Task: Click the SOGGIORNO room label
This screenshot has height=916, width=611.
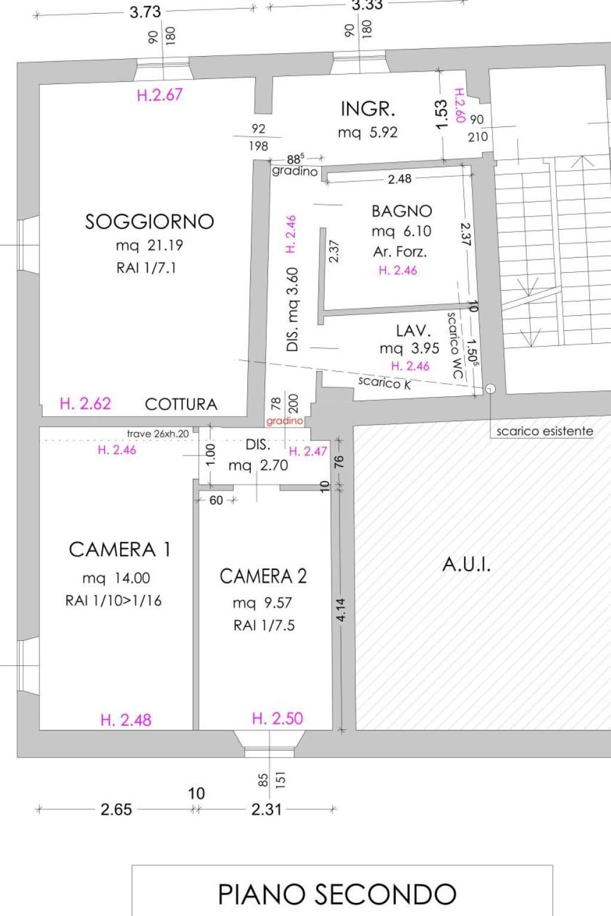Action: tap(149, 221)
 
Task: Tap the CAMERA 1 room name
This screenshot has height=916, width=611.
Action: tap(119, 550)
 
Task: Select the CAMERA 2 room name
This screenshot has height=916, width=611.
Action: tap(263, 576)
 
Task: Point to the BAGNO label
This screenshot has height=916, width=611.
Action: tap(401, 211)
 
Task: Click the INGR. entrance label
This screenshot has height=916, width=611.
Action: tap(368, 109)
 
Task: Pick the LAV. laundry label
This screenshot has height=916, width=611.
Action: tap(413, 331)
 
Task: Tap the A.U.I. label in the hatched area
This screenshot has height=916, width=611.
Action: tap(466, 565)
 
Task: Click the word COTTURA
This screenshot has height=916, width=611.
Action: tap(181, 405)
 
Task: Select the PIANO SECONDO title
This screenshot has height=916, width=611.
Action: tap(337, 894)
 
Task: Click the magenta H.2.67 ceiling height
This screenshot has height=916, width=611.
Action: tap(159, 95)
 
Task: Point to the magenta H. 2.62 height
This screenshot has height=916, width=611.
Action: tap(85, 403)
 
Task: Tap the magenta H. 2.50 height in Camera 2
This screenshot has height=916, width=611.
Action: tap(278, 718)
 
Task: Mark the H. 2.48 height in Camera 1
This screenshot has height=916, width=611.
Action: tap(126, 720)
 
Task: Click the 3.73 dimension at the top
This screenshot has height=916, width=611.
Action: tap(145, 12)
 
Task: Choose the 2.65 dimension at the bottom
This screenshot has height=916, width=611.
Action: tap(116, 809)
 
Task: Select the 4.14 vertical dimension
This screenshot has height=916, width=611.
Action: tap(341, 610)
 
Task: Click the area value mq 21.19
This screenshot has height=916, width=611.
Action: tap(149, 245)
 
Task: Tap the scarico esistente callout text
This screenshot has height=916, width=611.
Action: tap(545, 431)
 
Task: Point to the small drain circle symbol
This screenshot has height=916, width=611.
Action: tap(490, 388)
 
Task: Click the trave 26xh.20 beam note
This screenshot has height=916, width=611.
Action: tap(158, 434)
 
